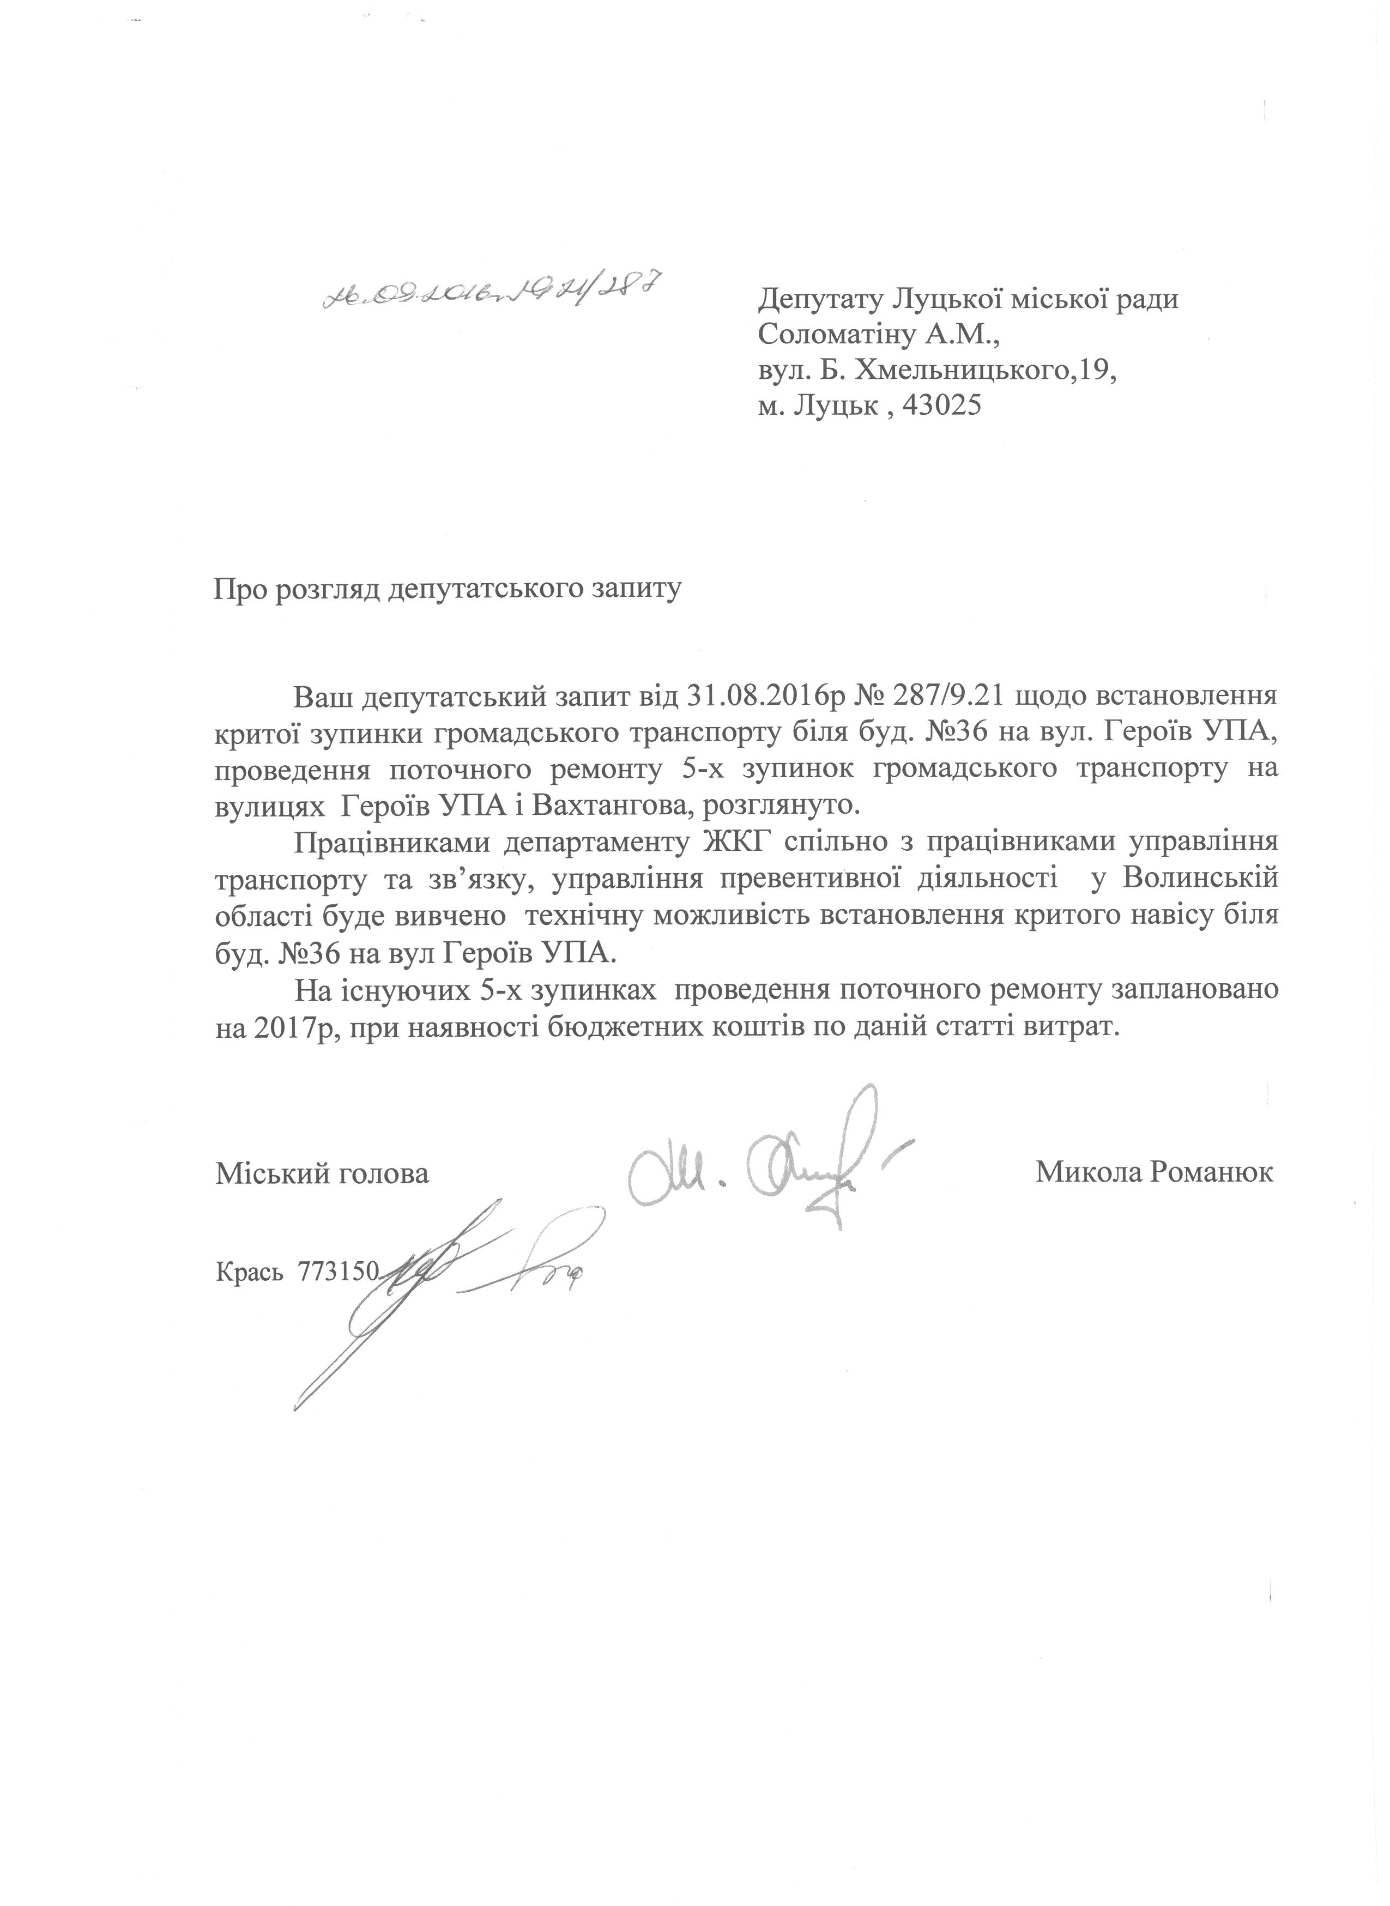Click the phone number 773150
340,1273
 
